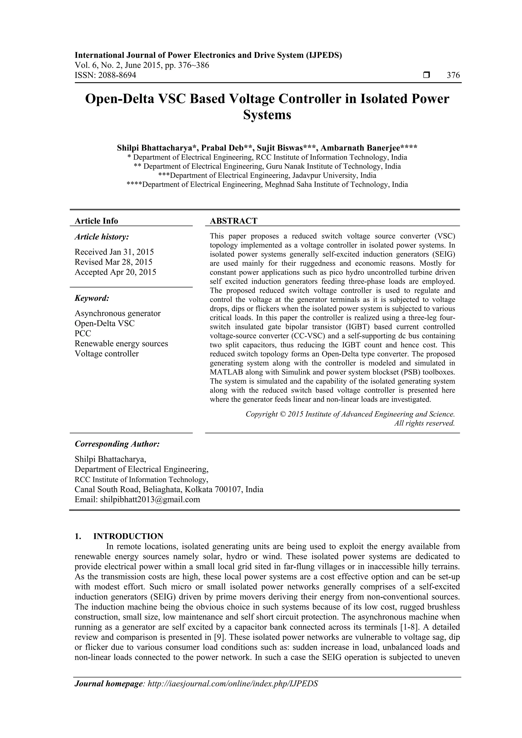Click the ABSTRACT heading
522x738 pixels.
233,221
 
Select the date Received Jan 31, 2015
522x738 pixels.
114,252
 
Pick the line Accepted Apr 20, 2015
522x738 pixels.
115,272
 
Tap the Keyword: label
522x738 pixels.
92,298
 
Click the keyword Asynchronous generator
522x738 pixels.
118,313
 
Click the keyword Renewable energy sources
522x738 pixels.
121,344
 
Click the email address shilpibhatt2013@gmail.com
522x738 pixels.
150,500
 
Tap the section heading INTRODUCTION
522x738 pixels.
128,536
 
